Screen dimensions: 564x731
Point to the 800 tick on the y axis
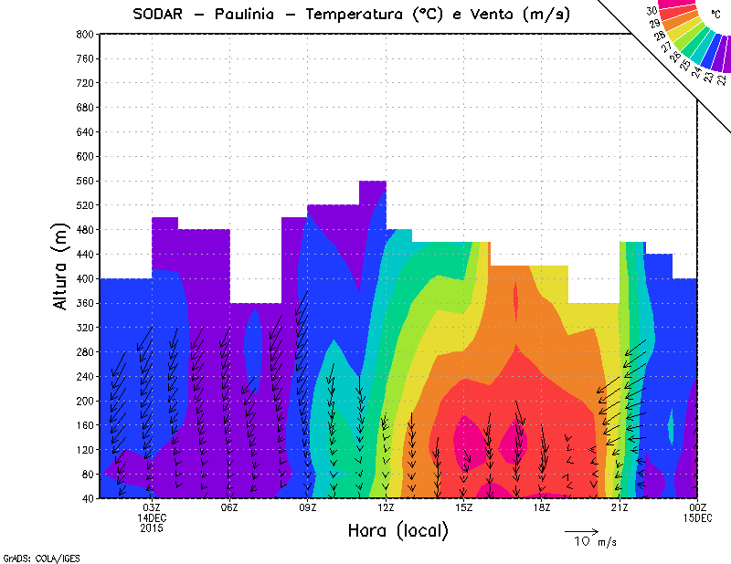(84, 34)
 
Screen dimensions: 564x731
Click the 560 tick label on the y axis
(84, 181)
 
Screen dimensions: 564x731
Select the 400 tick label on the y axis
(84, 278)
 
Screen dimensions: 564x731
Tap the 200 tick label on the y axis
(84, 401)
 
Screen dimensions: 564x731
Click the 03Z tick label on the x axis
(152, 507)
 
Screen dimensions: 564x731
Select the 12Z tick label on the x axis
(386, 507)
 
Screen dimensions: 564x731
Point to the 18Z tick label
(541, 507)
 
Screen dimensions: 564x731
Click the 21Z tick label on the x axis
(620, 507)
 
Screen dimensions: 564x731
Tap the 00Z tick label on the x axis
(697, 507)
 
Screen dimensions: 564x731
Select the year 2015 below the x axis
(152, 527)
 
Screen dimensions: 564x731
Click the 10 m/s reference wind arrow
(581, 530)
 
